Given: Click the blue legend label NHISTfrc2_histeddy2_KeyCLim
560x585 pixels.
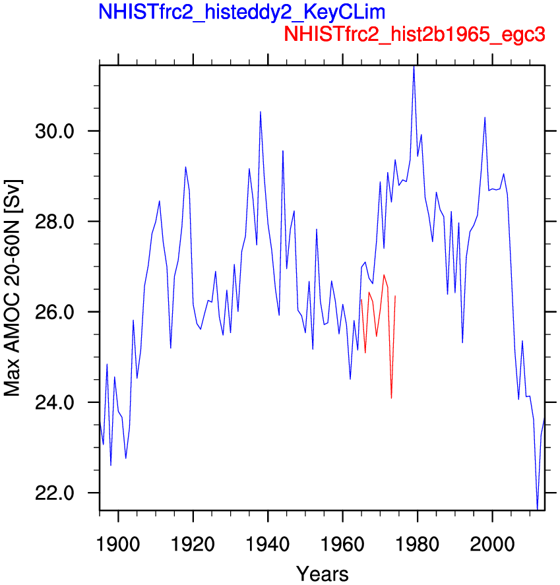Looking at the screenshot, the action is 242,13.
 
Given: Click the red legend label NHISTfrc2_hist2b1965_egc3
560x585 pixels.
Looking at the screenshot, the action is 414,34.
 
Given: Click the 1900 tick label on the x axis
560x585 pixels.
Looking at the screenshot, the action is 118,544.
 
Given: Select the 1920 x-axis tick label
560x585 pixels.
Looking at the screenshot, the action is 193,544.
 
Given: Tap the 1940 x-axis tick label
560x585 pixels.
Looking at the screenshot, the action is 268,544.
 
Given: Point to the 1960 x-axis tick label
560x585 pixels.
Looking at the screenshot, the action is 342,544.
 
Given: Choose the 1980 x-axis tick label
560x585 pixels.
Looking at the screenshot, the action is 418,544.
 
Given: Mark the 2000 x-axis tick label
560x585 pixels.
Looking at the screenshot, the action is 493,544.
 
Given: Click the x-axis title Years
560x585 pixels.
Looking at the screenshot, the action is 323,573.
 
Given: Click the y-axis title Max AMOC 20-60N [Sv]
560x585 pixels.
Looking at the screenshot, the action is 13,288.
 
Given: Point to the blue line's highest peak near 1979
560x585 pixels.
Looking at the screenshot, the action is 414,67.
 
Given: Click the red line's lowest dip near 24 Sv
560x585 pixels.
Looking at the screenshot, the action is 391,398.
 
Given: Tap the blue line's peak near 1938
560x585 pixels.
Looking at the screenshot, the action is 261,111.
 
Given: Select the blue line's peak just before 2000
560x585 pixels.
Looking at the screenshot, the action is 485,117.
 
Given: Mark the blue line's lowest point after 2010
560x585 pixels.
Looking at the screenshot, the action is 537,509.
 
